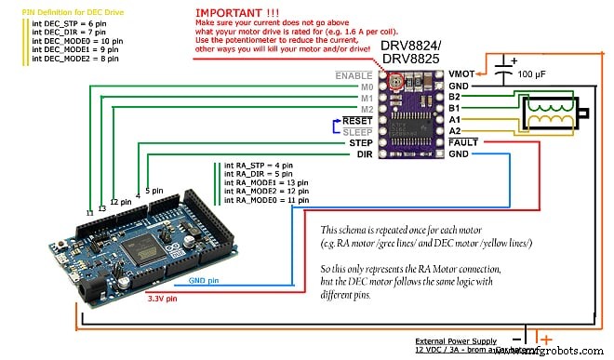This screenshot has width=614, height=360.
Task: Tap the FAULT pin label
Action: coord(463,142)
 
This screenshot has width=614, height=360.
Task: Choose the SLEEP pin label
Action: coord(356,131)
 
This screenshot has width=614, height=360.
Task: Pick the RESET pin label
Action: coord(356,120)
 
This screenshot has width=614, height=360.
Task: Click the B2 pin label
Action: coord(453,95)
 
